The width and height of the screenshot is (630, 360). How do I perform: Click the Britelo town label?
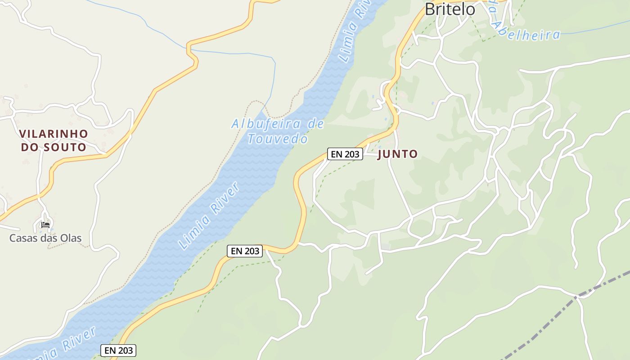point(450,9)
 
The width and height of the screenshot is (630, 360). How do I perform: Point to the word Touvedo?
point(278,139)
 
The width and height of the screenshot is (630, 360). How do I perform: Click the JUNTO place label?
point(398,154)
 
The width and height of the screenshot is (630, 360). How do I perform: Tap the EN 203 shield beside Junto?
point(345,154)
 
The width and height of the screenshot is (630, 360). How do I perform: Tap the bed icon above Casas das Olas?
point(45,225)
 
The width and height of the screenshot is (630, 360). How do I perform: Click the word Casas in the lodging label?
point(24,238)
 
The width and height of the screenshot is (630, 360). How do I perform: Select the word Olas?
point(71,238)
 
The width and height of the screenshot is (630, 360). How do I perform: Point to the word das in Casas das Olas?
point(49,238)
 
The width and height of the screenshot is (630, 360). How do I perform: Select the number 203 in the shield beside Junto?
point(352,154)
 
